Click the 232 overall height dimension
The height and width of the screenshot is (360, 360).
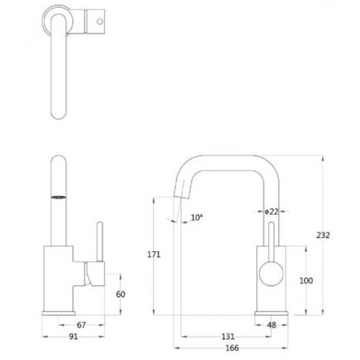323,235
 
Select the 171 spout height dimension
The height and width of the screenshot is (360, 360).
154,254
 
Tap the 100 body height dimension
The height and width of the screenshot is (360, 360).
306,281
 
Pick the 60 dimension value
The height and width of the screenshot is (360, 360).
121,294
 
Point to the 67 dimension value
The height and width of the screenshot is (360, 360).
81,325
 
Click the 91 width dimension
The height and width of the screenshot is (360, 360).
73,337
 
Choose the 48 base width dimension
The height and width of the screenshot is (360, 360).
271,325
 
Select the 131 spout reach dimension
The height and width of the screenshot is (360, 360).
228,337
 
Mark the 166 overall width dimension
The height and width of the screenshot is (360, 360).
232,348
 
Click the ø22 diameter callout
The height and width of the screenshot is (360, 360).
271,212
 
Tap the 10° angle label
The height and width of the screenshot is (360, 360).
197,217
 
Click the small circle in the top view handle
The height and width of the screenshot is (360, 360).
100,21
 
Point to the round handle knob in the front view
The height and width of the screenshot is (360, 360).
271,273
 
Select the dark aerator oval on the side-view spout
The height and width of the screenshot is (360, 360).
58,197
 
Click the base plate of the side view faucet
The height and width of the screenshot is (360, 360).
58,313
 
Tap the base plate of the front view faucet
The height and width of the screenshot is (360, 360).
271,313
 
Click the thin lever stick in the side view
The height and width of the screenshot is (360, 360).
100,241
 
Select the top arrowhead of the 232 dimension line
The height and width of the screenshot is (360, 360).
323,159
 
